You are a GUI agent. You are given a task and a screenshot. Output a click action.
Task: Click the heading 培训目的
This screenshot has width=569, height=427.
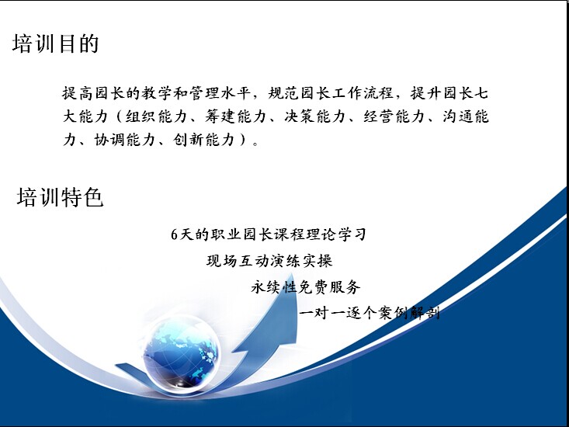pos(56,44)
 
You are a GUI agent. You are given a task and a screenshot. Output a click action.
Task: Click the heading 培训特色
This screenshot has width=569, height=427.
pos(61,197)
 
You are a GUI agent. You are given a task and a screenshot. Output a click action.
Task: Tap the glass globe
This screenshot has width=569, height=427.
pos(181,355)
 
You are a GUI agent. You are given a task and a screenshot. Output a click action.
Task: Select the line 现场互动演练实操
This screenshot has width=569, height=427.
pos(269,261)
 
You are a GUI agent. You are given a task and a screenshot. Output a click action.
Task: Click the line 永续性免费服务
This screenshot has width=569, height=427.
pos(306,287)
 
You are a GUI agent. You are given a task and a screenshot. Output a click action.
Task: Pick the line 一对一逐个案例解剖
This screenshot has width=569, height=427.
pos(369,312)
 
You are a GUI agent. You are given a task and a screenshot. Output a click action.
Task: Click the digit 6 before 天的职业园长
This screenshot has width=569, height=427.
pos(174,234)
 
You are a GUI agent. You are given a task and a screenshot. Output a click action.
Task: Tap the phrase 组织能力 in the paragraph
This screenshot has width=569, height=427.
pos(156,116)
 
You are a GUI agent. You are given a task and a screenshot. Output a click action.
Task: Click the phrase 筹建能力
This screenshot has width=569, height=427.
pos(235,116)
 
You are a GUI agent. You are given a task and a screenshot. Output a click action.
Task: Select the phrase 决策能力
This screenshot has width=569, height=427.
pos(314,116)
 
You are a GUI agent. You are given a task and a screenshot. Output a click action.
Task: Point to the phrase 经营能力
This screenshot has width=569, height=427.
pos(394,116)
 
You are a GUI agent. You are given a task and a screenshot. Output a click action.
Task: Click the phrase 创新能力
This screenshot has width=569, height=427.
pos(203,140)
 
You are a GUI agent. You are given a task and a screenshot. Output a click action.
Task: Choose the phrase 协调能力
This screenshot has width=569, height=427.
pos(124,140)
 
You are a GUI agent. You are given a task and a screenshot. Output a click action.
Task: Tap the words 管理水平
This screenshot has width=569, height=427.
pos(220,93)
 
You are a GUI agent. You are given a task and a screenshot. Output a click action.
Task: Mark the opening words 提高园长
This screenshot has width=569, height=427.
pos(93,93)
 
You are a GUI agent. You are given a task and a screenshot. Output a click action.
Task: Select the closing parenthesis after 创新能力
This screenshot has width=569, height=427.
pos(244,140)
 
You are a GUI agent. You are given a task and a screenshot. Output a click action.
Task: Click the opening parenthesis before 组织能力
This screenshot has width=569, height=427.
pos(119,116)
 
